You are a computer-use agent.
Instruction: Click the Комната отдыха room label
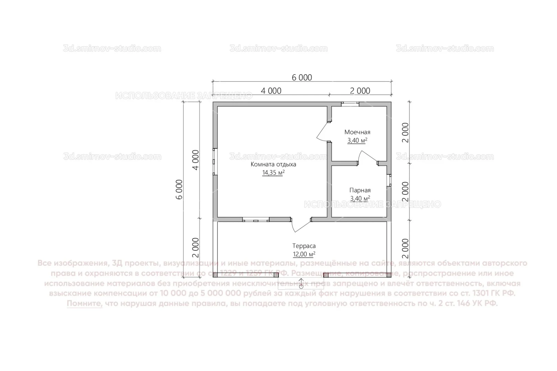click(273, 164)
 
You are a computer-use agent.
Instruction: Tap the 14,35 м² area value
click(273, 173)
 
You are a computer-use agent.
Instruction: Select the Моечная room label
click(357, 132)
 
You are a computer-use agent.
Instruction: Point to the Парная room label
click(360, 190)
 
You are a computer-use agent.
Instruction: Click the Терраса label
click(304, 246)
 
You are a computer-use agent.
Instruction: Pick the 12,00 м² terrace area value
click(304, 255)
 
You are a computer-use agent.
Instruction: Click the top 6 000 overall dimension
click(302, 78)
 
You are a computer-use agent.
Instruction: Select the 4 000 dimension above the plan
click(271, 91)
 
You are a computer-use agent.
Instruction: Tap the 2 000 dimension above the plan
click(360, 91)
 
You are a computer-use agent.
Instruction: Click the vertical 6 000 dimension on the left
click(179, 190)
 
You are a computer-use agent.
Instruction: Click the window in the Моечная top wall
click(350, 104)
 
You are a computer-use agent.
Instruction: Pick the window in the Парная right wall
click(389, 180)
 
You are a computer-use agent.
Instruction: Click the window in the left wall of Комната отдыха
click(215, 161)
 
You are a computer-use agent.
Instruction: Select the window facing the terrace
click(255, 220)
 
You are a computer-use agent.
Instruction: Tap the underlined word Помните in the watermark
click(85, 304)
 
